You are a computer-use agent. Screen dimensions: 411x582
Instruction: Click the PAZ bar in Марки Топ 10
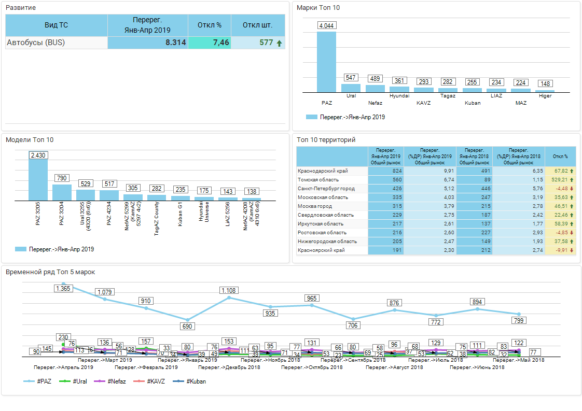326,62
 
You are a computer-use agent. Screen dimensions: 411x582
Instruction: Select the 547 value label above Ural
351,78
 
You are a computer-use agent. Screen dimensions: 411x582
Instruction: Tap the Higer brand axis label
545,96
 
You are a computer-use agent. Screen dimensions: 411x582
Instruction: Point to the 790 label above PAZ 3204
62,178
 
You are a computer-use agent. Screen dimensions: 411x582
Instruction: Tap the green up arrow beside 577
279,43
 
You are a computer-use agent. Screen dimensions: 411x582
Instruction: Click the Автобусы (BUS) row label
36,42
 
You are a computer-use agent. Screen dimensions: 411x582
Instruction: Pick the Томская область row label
318,180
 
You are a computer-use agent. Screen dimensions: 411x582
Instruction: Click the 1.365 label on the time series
63,288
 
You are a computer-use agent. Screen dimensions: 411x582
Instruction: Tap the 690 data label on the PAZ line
187,327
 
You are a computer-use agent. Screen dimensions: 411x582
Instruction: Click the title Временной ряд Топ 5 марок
50,272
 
